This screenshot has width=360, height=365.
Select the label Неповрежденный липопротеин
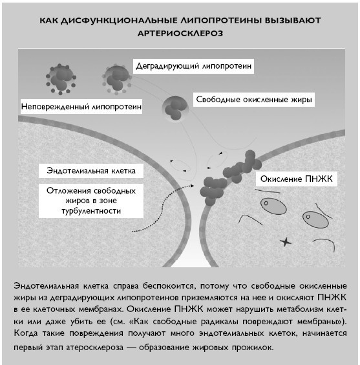81,105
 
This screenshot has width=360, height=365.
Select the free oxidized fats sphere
175,107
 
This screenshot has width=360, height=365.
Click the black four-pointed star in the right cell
285,241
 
